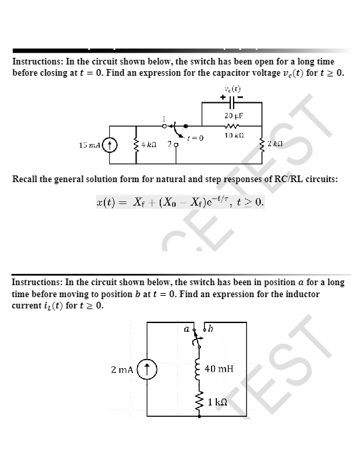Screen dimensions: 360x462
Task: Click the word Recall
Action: [29, 179]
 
